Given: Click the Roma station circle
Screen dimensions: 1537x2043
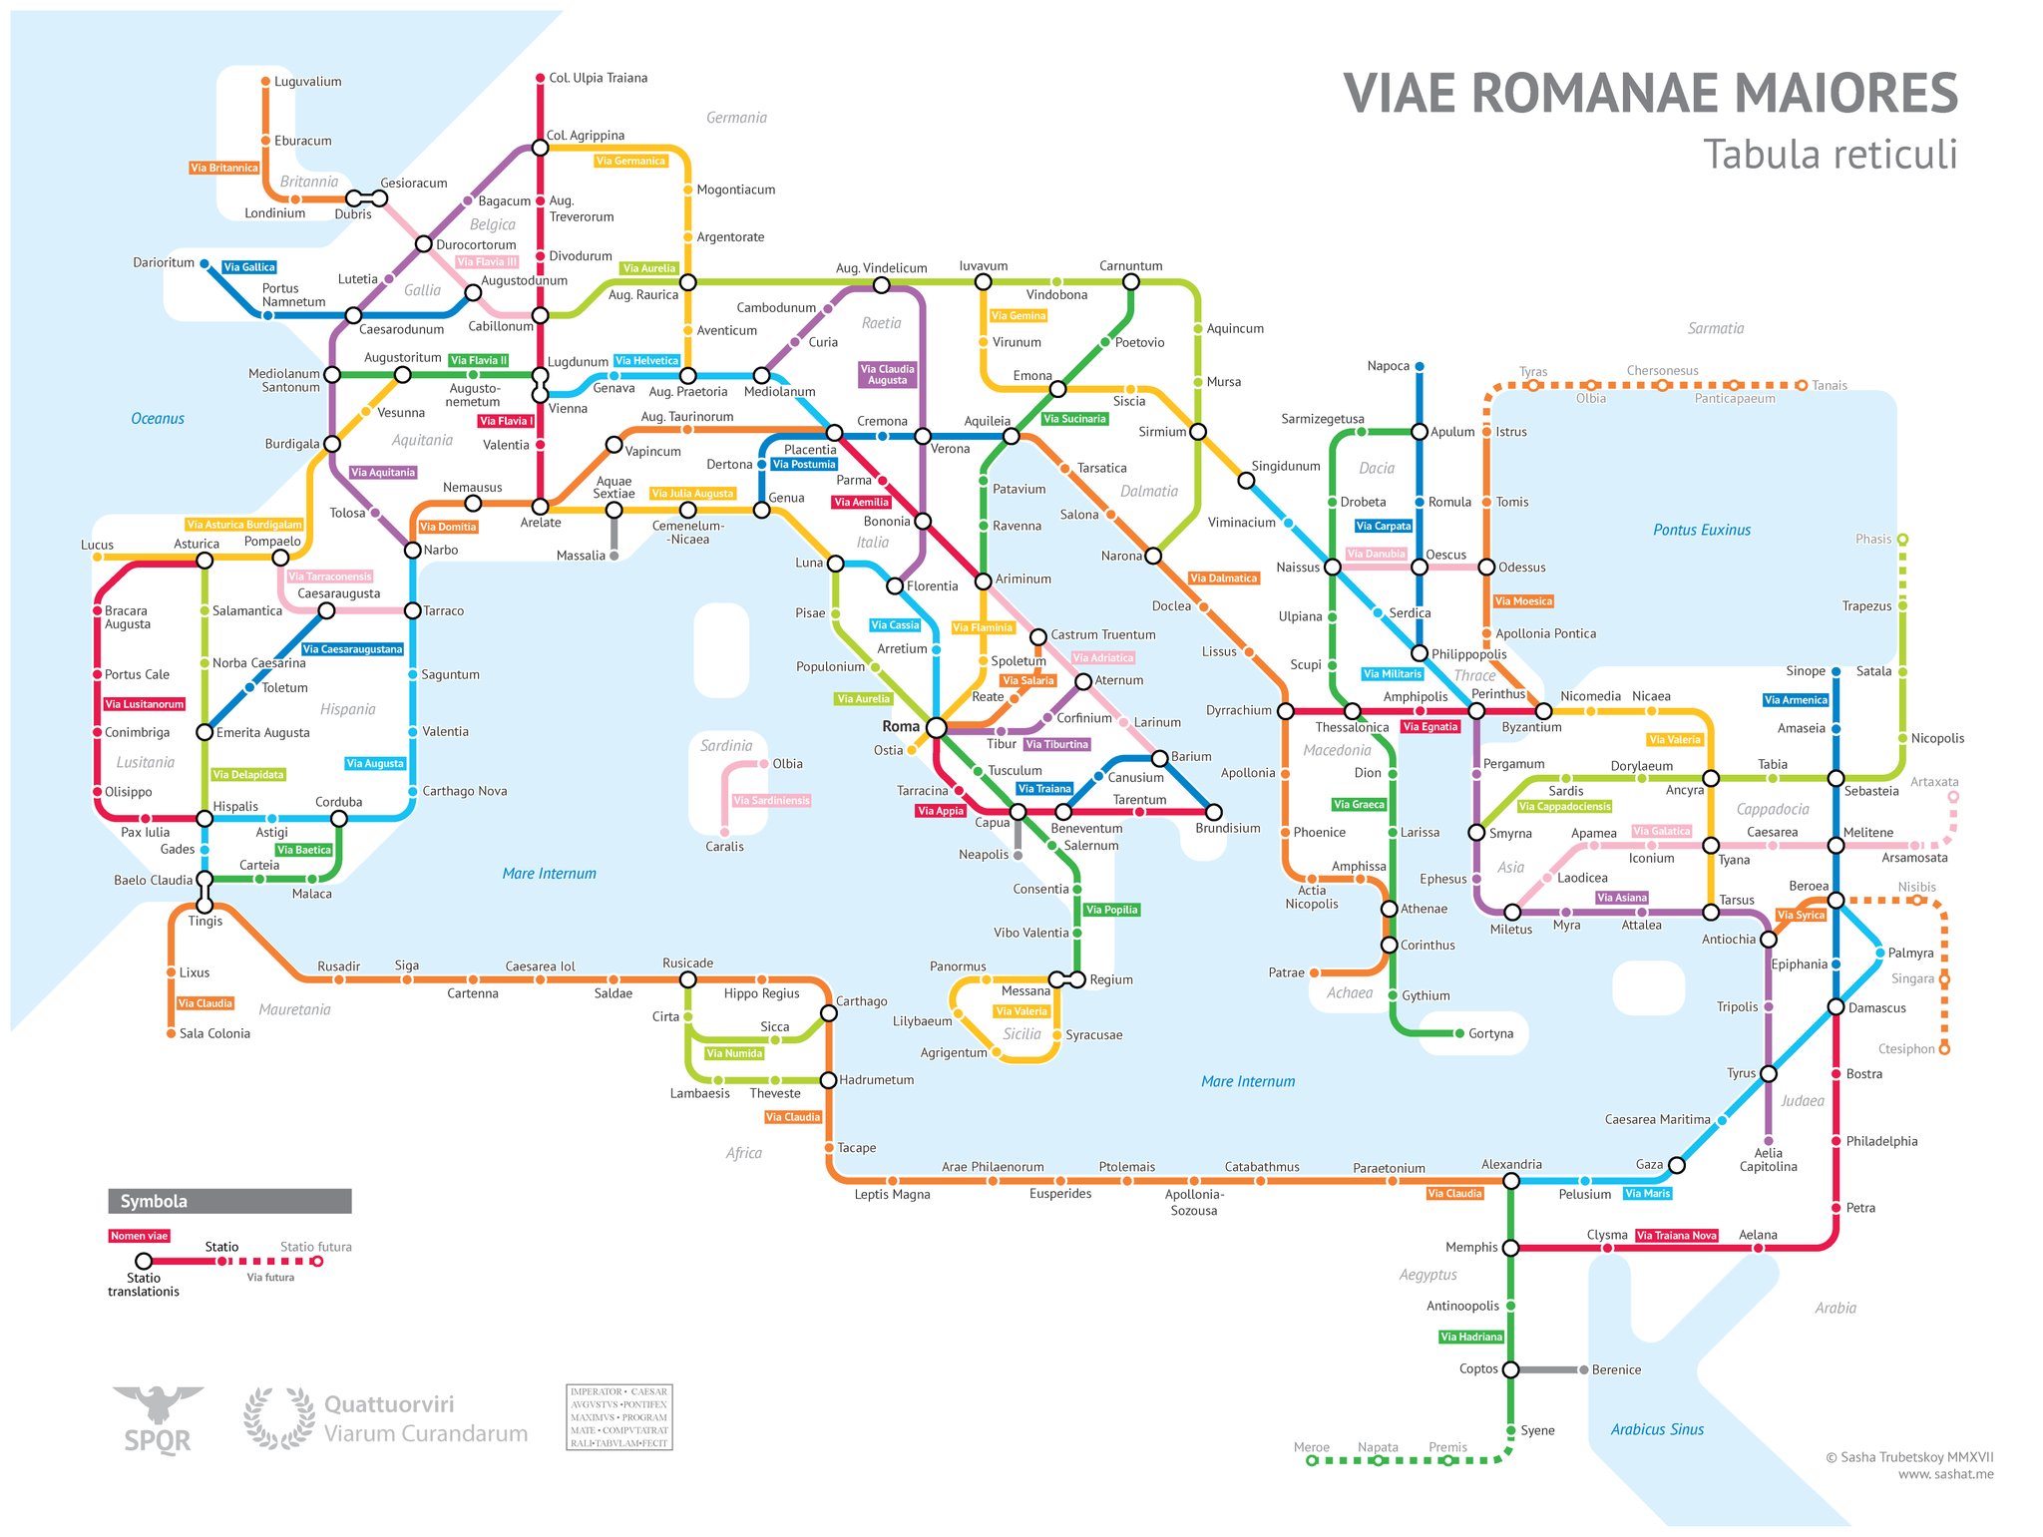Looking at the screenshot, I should coord(936,728).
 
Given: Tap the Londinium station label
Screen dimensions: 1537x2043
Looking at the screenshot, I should coord(274,213).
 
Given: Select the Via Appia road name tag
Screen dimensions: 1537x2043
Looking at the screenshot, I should coord(941,811).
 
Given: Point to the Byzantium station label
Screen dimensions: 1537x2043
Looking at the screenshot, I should coord(1531,727).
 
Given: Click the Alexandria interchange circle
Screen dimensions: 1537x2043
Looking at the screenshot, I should coord(1510,1181).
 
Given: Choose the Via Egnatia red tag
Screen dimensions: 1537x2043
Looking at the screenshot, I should coord(1430,727).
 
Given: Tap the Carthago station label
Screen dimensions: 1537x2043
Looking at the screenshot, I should coord(861,1001).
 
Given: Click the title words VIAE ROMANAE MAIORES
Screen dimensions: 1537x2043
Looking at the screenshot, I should coord(1650,94).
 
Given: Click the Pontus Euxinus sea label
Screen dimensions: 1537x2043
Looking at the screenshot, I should coord(1701,530).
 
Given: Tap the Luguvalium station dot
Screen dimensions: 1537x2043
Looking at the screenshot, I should coord(265,82).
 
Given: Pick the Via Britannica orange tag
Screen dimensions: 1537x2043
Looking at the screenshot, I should coord(223,168).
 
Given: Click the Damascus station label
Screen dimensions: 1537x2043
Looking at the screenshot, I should coord(1876,1007).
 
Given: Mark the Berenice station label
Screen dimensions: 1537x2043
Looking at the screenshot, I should coord(1616,1369).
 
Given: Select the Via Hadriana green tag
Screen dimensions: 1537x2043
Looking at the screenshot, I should coord(1471,1337).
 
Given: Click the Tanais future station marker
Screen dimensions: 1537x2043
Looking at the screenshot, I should coord(1802,385).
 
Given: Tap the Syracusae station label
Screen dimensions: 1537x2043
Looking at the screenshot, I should coord(1093,1035).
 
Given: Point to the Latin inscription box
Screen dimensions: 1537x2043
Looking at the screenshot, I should coord(618,1417).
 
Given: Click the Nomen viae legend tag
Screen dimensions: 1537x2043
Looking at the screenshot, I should coord(139,1236).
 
